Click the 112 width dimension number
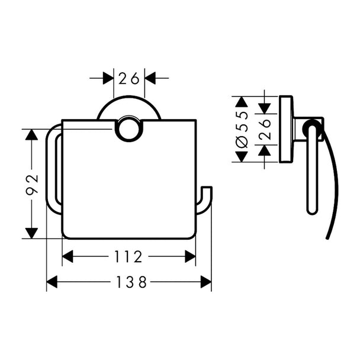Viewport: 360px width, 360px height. pos(128,256)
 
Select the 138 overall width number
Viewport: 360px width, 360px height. pos(131,282)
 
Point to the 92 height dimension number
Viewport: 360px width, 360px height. pos(32,185)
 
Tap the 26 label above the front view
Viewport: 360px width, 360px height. pos(129,78)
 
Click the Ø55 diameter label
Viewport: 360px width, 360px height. pos(242,130)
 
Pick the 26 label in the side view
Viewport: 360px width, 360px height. pos(265,129)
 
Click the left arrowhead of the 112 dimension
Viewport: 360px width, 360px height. pos(67,256)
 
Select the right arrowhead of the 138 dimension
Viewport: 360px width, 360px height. pos(205,282)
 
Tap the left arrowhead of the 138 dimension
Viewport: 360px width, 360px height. pos(52,282)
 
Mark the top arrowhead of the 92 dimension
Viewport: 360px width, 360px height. pos(32,135)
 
